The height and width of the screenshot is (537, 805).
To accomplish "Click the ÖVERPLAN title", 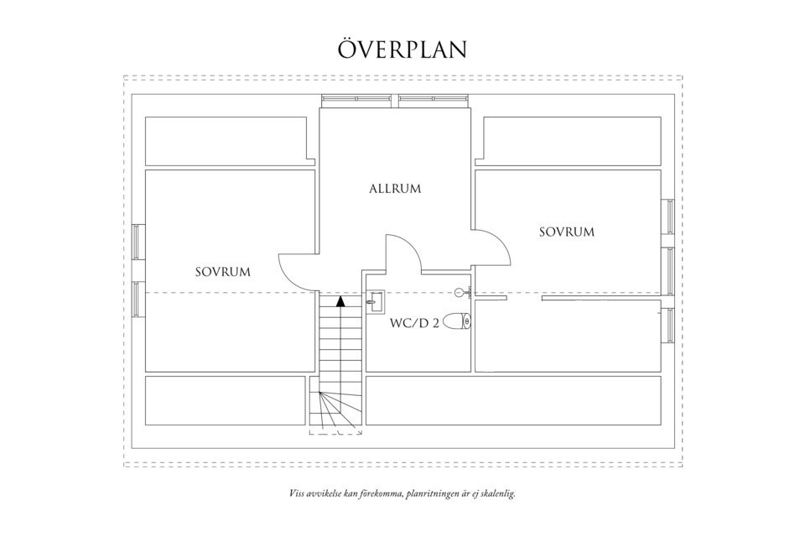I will (x=402, y=49).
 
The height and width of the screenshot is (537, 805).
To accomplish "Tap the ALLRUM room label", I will (x=395, y=189).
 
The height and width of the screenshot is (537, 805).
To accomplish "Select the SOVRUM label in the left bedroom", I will (x=223, y=272).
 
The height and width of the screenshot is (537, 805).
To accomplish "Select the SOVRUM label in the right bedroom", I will (x=566, y=232).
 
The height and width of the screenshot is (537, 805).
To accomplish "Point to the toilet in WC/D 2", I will (x=458, y=321).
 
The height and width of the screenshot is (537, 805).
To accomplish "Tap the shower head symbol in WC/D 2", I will (x=460, y=292).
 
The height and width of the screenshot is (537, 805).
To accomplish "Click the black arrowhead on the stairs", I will (x=340, y=300).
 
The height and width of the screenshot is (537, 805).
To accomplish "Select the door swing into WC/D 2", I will (x=402, y=252).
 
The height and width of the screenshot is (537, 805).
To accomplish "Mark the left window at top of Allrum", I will (x=356, y=99).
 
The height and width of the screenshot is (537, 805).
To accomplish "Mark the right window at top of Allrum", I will (x=433, y=99).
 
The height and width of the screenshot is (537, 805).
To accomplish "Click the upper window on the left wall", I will (x=138, y=244).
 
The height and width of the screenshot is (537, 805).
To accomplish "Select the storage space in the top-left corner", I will (x=226, y=140).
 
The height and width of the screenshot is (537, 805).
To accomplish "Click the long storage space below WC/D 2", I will (x=513, y=401).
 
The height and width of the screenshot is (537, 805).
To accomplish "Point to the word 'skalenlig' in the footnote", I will (x=495, y=494).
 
